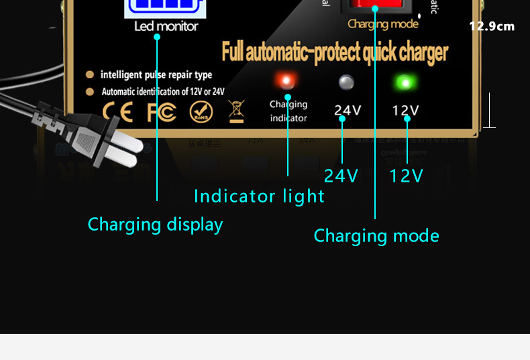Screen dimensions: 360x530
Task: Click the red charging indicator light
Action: click(286, 82)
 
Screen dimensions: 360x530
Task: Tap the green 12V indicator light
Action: click(405, 84)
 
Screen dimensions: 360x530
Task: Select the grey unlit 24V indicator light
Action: click(346, 83)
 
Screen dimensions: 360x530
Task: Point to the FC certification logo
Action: click(161, 111)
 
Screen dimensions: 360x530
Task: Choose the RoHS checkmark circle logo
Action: click(201, 111)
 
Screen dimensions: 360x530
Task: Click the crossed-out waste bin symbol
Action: click(237, 111)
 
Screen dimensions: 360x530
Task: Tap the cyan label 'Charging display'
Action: click(155, 224)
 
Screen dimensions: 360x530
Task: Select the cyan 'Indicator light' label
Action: click(259, 196)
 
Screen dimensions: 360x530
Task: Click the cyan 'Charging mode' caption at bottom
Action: click(376, 236)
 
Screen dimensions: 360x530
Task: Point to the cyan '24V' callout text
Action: click(341, 176)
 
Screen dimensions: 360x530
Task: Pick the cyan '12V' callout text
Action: click(407, 176)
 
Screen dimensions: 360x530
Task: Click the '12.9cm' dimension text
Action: click(492, 27)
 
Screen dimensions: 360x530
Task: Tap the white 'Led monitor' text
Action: click(166, 27)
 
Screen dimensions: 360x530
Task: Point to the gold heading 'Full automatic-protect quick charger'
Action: click(335, 52)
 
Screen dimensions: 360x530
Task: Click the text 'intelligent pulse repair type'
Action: click(156, 74)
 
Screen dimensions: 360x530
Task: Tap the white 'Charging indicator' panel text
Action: click(288, 111)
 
